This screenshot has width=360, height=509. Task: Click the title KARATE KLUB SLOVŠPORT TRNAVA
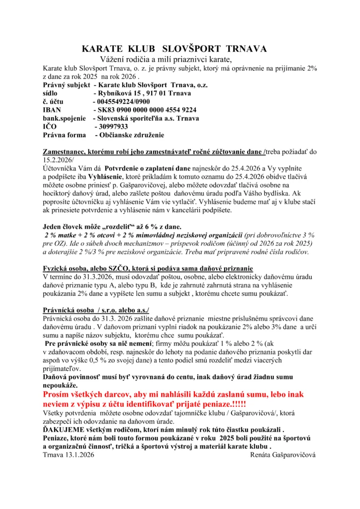pyautogui.click(x=174, y=49)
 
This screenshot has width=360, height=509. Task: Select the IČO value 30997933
pyautogui.click(x=114, y=126)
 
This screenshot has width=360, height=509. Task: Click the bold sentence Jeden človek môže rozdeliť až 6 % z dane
pyautogui.click(x=123, y=226)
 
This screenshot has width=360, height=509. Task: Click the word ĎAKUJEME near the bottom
pyautogui.click(x=66, y=430)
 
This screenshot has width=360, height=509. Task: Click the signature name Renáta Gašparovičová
pyautogui.click(x=283, y=454)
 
